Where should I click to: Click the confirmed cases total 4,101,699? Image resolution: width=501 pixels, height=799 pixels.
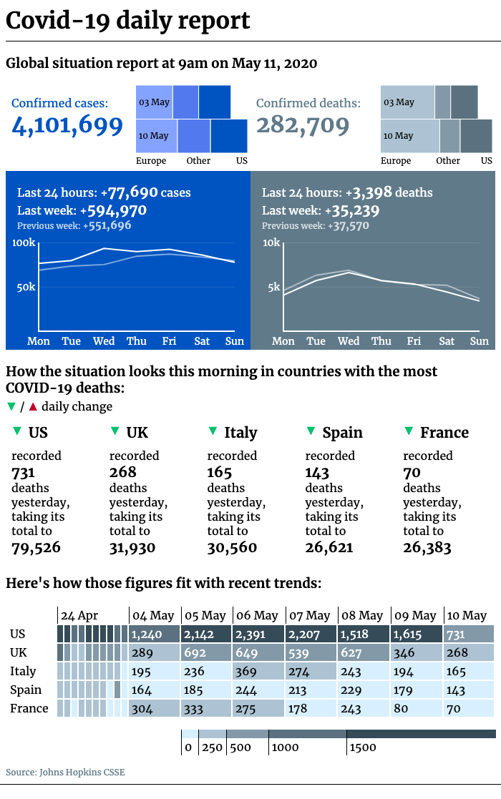67,125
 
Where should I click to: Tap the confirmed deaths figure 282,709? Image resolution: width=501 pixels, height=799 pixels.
303,125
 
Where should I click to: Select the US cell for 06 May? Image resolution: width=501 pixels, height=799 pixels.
258,634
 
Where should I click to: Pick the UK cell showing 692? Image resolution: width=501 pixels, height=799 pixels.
206,653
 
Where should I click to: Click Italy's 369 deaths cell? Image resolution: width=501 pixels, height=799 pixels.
258,671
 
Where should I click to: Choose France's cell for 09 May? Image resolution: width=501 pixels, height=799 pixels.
417,708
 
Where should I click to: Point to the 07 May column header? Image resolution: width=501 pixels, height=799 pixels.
310,616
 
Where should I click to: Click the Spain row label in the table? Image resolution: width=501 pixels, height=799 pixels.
26,690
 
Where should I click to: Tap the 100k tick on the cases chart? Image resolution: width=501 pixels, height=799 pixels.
24,242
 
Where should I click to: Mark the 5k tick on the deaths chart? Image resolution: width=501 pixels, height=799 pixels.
274,288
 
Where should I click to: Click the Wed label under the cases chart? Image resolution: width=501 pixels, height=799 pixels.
104,341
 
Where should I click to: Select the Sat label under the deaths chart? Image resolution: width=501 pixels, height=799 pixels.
447,341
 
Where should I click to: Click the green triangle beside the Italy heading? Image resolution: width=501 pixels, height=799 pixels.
213,431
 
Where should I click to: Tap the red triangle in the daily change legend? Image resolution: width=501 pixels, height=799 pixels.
33,406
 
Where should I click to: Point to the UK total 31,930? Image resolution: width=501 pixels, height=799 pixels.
132,548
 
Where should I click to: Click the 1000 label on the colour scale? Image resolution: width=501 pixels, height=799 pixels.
285,747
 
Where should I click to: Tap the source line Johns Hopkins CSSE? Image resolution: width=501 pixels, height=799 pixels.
65,772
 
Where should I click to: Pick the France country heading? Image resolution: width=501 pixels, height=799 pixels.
444,433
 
